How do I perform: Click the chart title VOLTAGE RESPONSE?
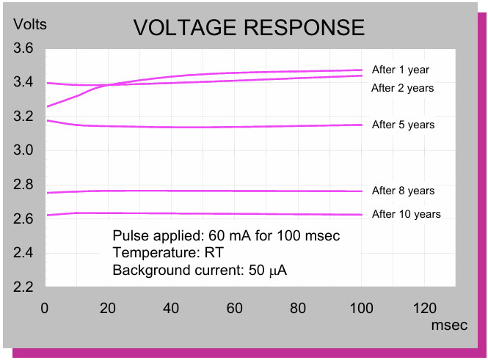[249, 28]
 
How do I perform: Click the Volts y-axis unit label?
[30, 25]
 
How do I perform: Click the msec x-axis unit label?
[449, 325]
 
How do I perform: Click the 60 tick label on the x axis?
[235, 307]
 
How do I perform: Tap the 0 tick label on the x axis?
[45, 307]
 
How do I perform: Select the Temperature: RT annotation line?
[167, 253]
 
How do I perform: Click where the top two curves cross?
[107, 86]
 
